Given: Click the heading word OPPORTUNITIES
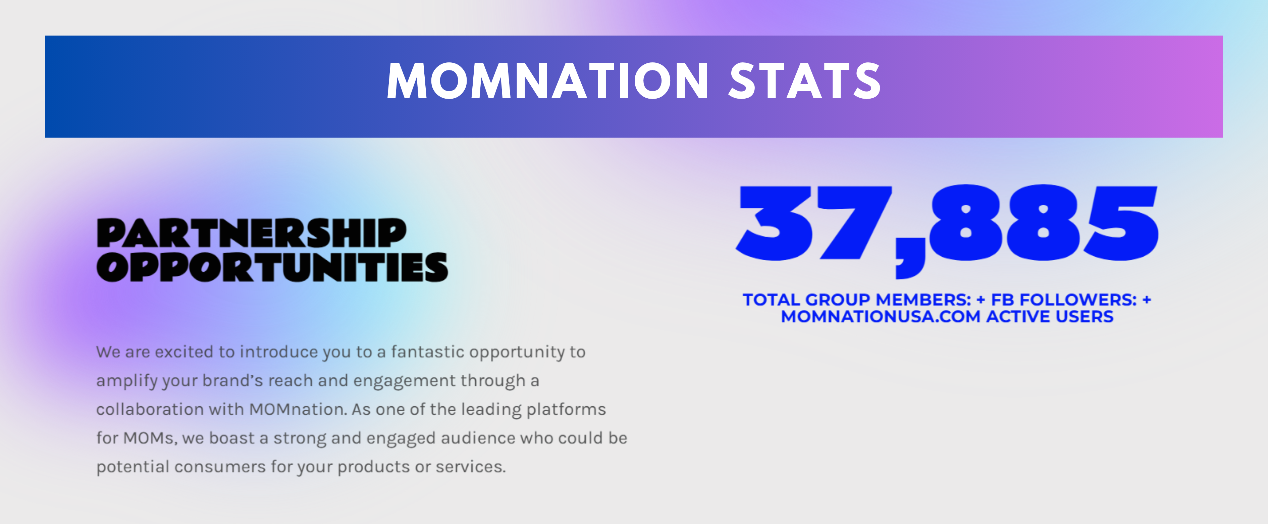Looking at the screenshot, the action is click(x=272, y=267).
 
